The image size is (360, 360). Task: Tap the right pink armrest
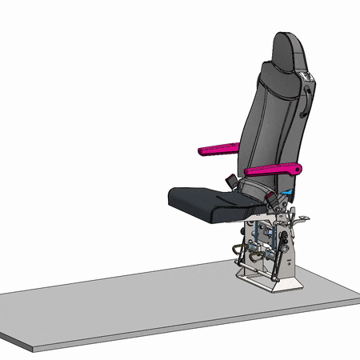coord(272,170)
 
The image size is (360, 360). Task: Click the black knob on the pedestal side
coord(283,240)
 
